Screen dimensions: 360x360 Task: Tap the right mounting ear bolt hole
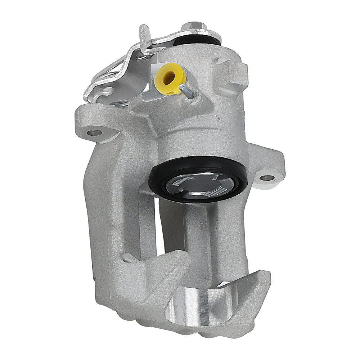coord(267,177)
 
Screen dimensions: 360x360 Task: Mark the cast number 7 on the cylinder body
coord(218,118)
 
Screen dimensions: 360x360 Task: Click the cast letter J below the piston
coord(200,226)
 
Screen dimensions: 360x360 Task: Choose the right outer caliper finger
coord(248,288)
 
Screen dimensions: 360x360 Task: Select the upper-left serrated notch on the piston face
coord(182,180)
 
